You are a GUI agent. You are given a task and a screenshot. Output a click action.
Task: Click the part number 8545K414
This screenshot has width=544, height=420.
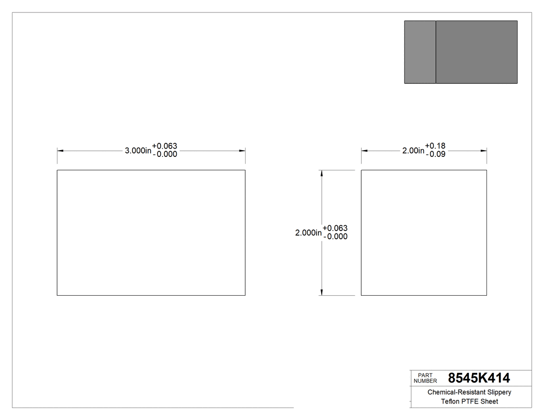(479, 378)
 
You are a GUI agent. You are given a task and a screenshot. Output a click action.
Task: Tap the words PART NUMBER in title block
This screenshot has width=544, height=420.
(425, 378)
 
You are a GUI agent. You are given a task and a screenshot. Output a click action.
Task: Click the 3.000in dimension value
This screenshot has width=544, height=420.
(138, 151)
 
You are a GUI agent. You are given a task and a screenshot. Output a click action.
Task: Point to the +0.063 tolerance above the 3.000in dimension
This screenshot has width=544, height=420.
(165, 147)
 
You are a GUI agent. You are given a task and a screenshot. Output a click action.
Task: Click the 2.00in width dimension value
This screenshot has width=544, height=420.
(413, 151)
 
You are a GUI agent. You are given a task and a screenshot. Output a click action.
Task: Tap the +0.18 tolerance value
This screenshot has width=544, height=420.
(435, 146)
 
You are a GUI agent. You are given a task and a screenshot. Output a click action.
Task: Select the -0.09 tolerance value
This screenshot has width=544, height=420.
(435, 154)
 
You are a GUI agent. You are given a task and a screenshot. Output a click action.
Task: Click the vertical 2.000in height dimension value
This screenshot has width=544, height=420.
(308, 233)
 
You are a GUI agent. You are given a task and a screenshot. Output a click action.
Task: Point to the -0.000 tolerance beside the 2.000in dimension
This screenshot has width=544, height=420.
(335, 237)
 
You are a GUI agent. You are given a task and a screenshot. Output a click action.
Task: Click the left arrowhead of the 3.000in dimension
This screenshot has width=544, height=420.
(60, 151)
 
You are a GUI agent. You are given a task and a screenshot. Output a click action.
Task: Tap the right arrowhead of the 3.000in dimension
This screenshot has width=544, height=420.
(242, 151)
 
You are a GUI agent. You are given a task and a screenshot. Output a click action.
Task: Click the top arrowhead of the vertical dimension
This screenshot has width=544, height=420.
(322, 173)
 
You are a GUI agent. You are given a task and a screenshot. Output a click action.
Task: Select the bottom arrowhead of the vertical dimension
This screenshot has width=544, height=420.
(322, 292)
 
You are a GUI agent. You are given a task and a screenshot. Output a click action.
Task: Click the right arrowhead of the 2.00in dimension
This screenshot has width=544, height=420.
(483, 151)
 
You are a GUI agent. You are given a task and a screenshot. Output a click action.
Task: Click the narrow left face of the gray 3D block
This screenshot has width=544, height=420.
(420, 52)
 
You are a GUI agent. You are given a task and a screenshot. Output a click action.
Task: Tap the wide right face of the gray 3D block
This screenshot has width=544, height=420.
(476, 52)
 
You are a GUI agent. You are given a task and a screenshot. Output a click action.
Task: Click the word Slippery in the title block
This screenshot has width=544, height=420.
(497, 393)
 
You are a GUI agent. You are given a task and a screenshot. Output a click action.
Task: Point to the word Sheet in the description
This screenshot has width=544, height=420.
(489, 401)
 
